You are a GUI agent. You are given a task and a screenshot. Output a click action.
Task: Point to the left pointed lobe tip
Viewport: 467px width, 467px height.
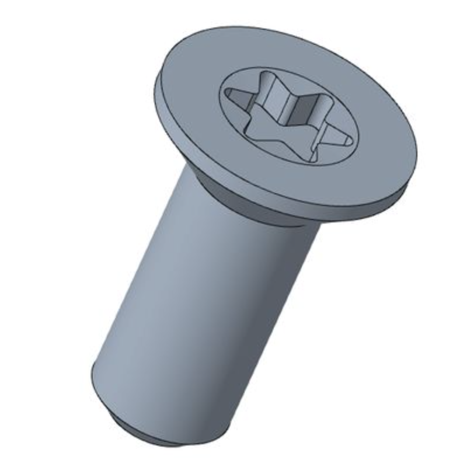click(228, 93)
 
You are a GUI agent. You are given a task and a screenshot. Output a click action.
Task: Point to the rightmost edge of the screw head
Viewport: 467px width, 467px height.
click(418, 152)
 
